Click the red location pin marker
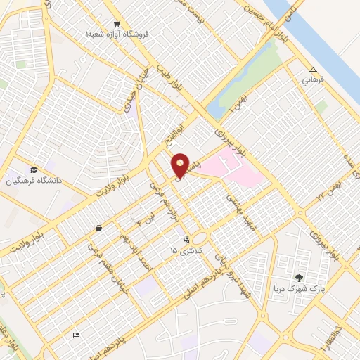pyautogui.click(x=181, y=164)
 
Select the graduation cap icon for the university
pyautogui.click(x=34, y=169)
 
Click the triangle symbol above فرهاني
pyautogui.click(x=313, y=70)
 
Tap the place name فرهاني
pyautogui.click(x=313, y=81)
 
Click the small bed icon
pyautogui.click(x=76, y=335)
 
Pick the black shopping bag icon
pyautogui.click(x=98, y=228)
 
